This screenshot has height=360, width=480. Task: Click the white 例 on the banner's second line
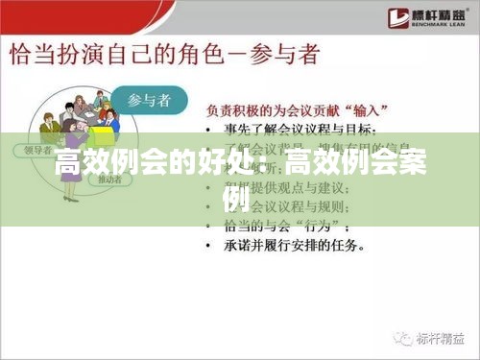[x=239, y=199]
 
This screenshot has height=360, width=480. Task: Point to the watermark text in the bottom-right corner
[x=433, y=339]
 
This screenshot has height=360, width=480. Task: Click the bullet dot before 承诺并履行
[x=211, y=246]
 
